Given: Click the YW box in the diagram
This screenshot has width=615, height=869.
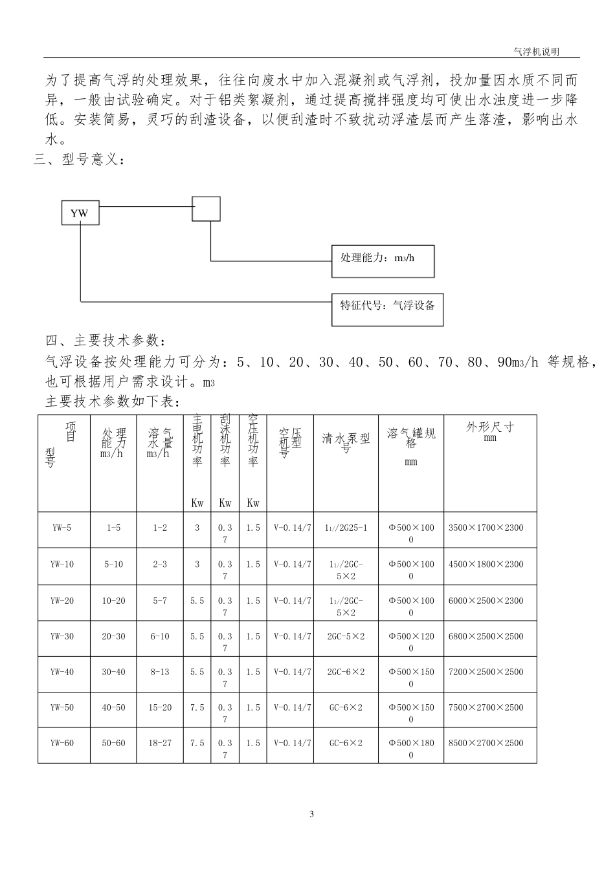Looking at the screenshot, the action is (x=80, y=213).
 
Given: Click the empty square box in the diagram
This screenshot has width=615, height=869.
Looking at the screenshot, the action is (x=207, y=209).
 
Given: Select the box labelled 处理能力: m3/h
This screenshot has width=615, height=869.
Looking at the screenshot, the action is (x=382, y=261).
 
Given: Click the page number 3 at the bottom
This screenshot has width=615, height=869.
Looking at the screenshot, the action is (x=311, y=814).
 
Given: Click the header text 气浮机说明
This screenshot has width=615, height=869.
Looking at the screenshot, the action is (x=535, y=51).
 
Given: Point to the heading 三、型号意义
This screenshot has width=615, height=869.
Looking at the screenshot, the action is (x=79, y=160).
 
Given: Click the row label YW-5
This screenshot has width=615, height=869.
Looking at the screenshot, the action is (x=62, y=528).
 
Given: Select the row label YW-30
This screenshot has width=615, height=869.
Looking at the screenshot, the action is (x=62, y=636).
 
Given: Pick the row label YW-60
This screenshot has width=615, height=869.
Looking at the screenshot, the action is (x=62, y=743).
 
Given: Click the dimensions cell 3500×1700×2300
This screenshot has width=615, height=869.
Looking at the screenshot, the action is (x=486, y=528).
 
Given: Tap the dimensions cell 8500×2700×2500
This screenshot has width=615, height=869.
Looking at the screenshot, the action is (x=486, y=743).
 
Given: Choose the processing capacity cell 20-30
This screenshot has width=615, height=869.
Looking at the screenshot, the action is (x=113, y=636).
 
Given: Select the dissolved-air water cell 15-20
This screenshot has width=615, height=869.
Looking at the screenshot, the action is (x=160, y=707).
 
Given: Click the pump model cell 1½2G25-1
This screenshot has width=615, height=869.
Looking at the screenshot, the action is (x=346, y=528).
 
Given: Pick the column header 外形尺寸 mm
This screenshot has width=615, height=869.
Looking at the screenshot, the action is (x=490, y=432).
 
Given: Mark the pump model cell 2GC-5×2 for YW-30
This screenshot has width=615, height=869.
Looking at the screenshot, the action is (x=346, y=636).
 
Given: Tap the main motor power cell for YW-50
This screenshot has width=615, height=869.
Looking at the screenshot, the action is (x=197, y=707).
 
